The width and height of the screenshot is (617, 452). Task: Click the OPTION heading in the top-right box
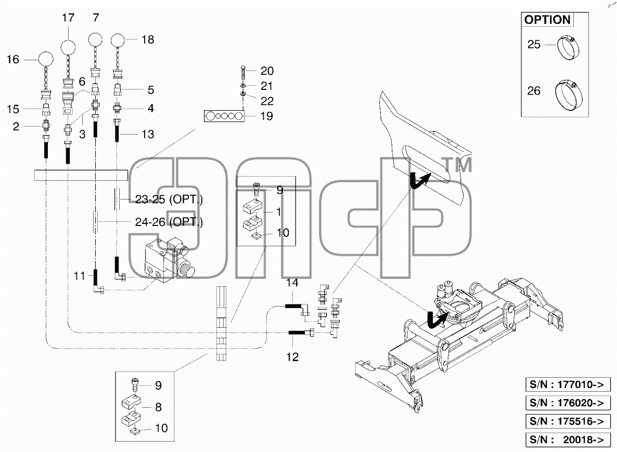pos(547,20)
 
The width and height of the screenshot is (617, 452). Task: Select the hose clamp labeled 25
pos(568,48)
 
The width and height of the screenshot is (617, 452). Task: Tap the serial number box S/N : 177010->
pos(568,384)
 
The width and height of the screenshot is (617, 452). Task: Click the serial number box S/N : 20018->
pos(568,440)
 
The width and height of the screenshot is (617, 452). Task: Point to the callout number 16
pos(13,59)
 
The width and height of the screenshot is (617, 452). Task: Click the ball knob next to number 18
pos(118,39)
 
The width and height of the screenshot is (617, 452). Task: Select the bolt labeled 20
pos(243,73)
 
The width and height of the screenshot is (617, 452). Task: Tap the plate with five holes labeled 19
pos(224,116)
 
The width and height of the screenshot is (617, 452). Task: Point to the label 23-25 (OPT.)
pos(169,200)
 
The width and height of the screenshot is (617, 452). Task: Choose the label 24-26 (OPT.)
pos(169,222)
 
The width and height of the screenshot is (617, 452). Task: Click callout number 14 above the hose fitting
pos(292,283)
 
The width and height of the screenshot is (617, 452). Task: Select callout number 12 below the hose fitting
pos(292,357)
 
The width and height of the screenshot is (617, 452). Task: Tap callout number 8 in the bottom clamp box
pos(158,407)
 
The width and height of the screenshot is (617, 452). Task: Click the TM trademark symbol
pos(457,165)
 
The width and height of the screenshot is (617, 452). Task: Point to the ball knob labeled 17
pos(68,48)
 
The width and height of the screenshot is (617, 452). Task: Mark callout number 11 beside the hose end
pos(80,276)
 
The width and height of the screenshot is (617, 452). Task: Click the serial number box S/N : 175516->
pos(568,421)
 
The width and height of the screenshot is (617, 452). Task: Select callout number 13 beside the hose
pos(148,135)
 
